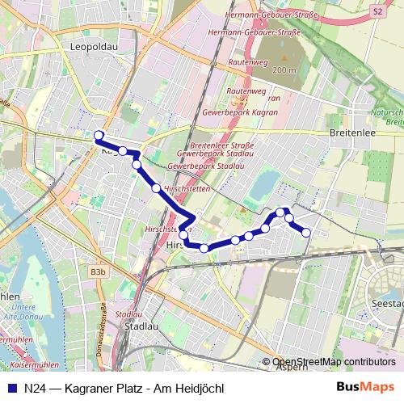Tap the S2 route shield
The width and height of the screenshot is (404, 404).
point(377,11)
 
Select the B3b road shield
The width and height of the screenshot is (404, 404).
point(98,273)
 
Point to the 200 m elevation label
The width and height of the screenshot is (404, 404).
point(284,70)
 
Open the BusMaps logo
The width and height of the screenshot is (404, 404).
point(364,387)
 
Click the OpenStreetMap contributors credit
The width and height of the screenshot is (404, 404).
point(334,362)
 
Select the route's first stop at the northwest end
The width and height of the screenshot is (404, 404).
point(99,135)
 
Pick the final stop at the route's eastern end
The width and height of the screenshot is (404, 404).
point(306,233)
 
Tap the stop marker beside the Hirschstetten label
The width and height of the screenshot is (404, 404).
point(156,188)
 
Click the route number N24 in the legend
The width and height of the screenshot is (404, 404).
point(34,388)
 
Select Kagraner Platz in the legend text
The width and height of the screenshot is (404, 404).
point(106,388)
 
